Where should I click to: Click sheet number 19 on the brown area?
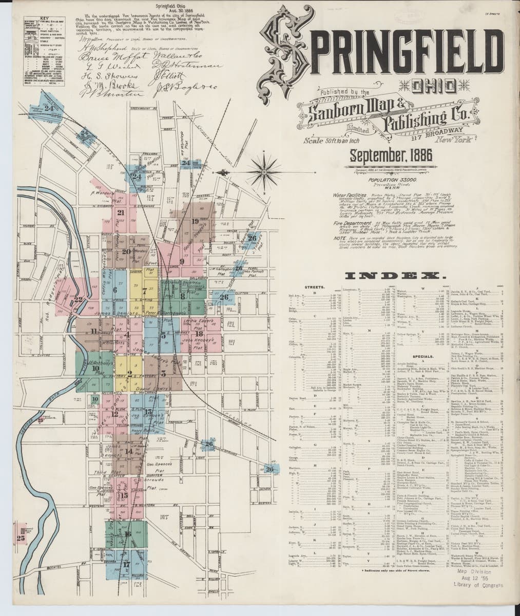coord(195,221)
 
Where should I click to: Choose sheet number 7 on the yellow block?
coord(145,291)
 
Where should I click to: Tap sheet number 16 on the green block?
coord(127,533)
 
